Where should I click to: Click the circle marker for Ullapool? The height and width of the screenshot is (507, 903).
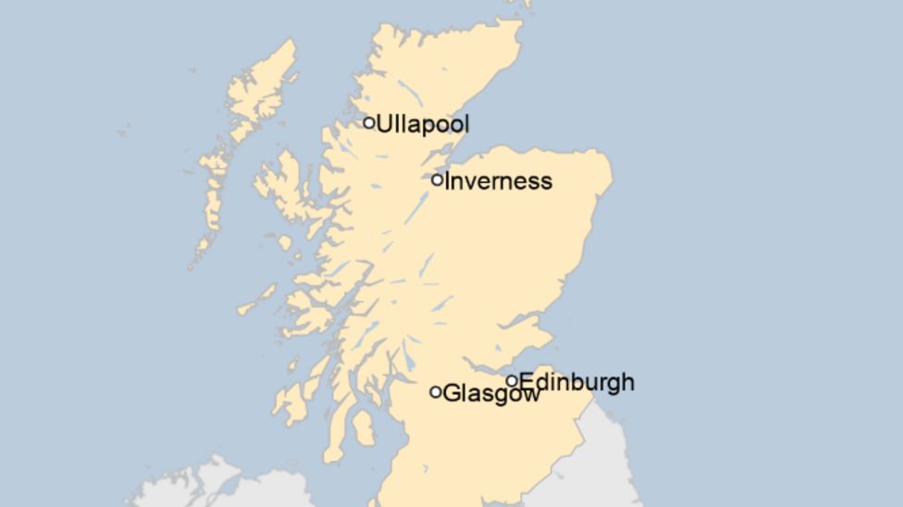(x=369, y=122)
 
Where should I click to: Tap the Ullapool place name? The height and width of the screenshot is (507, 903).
(x=423, y=124)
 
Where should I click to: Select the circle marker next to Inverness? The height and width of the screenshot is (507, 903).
(x=438, y=179)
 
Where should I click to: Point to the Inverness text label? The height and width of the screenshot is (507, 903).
(x=498, y=181)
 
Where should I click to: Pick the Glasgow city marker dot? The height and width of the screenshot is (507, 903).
(x=436, y=392)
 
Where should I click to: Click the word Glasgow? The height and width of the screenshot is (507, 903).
(x=491, y=394)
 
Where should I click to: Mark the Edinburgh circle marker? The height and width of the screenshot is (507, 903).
(x=512, y=380)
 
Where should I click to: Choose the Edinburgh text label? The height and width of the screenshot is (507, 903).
(x=576, y=381)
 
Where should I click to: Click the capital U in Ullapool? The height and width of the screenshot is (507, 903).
(x=383, y=124)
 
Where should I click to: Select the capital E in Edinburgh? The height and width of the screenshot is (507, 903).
(x=526, y=381)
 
